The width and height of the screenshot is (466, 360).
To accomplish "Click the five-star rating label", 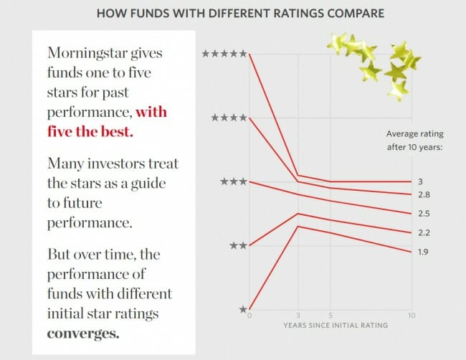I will tap(224, 53).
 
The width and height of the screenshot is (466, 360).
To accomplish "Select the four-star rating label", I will tap(229, 117).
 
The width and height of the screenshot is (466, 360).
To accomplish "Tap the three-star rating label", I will tap(233, 181).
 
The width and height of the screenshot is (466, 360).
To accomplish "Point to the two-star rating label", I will tap(238, 245).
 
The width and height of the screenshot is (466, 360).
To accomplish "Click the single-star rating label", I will tap(242, 309).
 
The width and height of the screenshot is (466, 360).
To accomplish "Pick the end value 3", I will tap(420, 181).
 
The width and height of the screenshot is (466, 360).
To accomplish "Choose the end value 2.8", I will tap(422, 194).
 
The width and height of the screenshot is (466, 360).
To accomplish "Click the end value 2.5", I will tap(422, 214).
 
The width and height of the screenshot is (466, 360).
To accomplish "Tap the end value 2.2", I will tap(422, 232).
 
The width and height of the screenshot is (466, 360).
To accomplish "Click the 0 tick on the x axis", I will tap(249, 316).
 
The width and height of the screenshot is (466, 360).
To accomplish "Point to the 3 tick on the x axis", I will tap(298, 316).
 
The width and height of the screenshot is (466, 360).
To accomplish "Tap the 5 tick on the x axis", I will tap(329, 316).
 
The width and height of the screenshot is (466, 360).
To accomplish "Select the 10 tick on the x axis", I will tap(410, 316).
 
